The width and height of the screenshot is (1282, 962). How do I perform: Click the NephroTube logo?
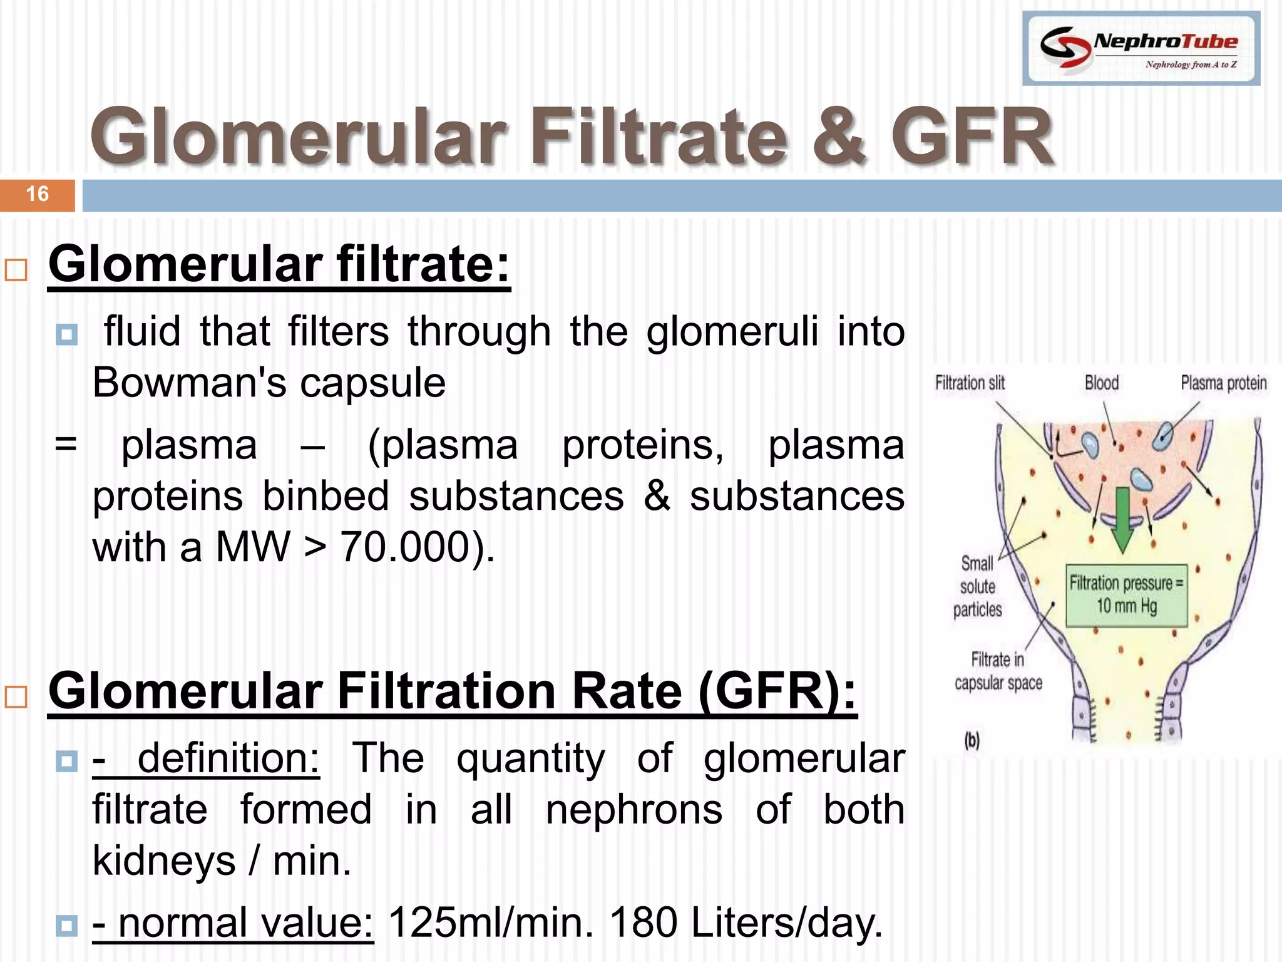pyautogui.click(x=1141, y=48)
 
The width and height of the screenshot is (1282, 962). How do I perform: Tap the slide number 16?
pyautogui.click(x=38, y=194)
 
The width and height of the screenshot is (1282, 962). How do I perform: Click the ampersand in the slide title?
pyautogui.click(x=839, y=137)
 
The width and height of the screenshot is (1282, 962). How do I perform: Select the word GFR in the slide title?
pyautogui.click(x=972, y=137)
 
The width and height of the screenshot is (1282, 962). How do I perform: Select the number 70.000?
pyautogui.click(x=406, y=547)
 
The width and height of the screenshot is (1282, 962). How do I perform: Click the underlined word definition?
pyautogui.click(x=228, y=758)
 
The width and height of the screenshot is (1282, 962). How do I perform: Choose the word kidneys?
pyautogui.click(x=164, y=861)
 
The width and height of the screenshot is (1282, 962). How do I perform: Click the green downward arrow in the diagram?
pyautogui.click(x=1122, y=520)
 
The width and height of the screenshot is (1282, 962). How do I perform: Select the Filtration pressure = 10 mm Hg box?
pyautogui.click(x=1126, y=595)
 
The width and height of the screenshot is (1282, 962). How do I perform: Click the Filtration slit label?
pyautogui.click(x=970, y=383)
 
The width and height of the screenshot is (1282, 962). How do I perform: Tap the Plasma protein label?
pyautogui.click(x=1223, y=383)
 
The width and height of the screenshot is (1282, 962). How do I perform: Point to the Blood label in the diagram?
pyautogui.click(x=1102, y=383)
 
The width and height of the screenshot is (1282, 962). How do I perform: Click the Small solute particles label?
pyautogui.click(x=977, y=586)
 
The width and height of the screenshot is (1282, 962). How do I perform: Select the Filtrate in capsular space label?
pyautogui.click(x=998, y=671)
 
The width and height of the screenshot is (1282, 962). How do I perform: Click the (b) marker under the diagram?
pyautogui.click(x=972, y=741)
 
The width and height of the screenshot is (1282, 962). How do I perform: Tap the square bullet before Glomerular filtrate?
pyautogui.click(x=16, y=271)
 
